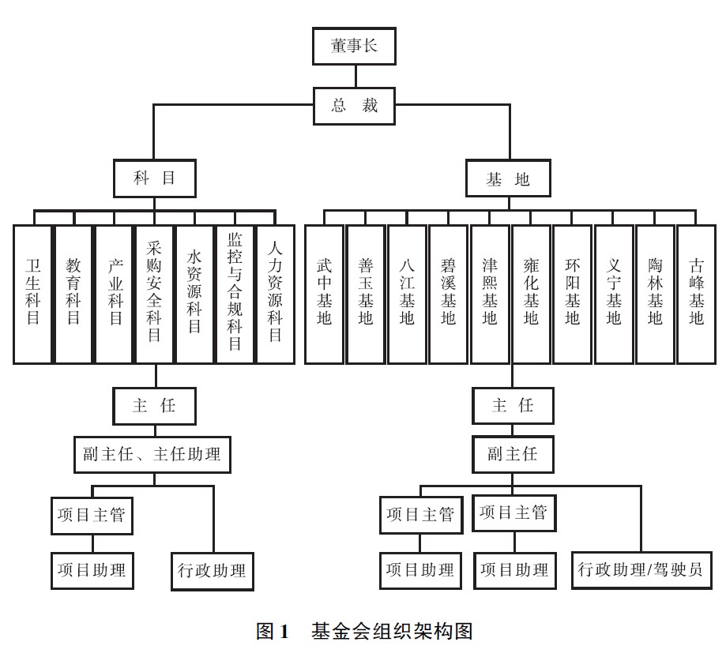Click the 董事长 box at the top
pos(355,46)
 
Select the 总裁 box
pos(355,106)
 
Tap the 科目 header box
pos(155,179)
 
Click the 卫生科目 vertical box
pos(32,294)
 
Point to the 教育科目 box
pos(73,294)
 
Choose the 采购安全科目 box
pos(155,294)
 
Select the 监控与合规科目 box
pos(235,294)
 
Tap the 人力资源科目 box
pos(276,294)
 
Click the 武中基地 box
pos(325,294)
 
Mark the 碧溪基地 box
pos(448,294)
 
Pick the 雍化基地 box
pos(531,294)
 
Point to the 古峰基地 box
pos(696,294)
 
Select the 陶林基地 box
pos(655,294)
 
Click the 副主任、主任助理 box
pos(152,454)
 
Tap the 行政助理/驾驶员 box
pos(640,569)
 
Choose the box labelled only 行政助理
pos(213,569)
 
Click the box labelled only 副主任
pos(512,454)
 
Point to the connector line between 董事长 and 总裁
pos(355,76)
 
